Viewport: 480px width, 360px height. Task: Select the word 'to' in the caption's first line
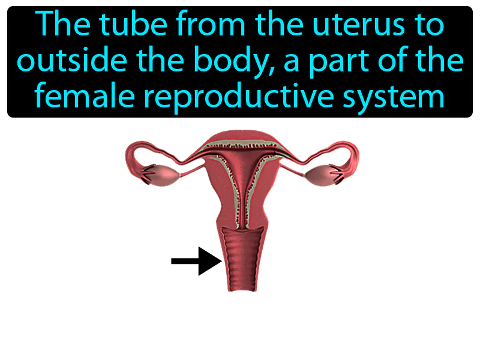coord(427,25)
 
